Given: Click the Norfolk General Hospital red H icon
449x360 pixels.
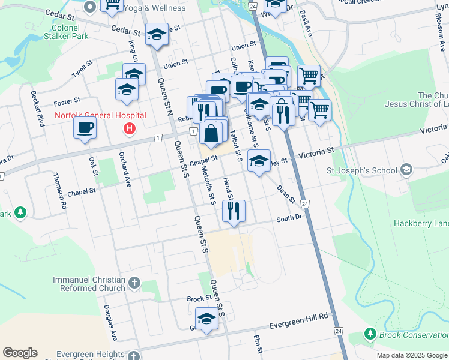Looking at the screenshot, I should point(129,128).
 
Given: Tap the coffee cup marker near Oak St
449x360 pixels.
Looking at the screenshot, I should point(85,128).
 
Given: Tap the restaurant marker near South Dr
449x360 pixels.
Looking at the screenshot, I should point(232,211).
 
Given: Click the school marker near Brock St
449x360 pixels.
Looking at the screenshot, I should point(206,319).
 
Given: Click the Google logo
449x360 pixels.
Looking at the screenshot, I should point(20,353).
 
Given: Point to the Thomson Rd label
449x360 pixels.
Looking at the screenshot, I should point(60,191).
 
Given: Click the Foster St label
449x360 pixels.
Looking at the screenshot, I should point(67,102).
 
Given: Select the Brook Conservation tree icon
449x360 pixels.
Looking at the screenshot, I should point(370,334).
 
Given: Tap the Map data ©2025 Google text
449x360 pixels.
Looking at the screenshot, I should point(411,355).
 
